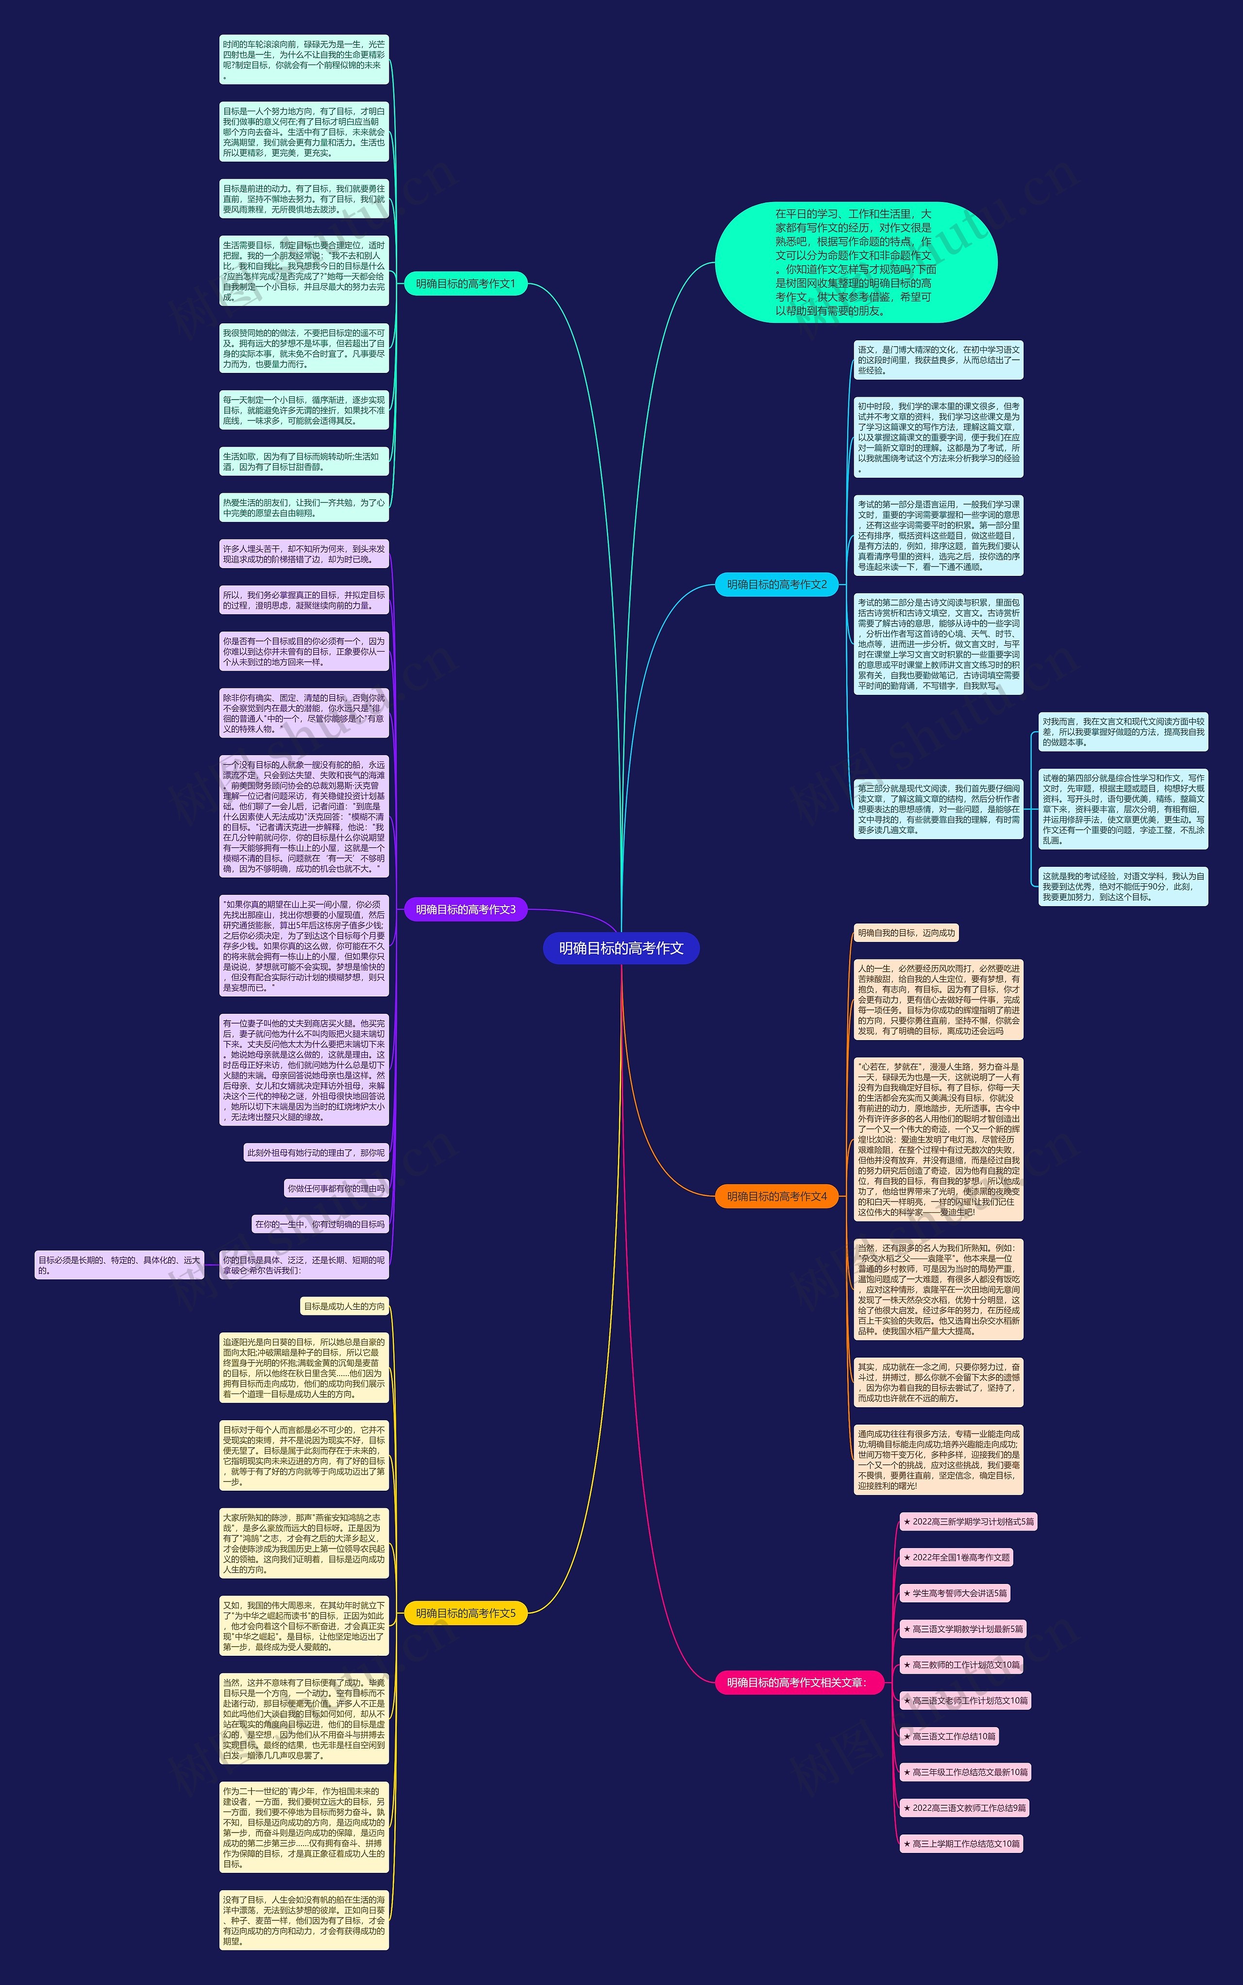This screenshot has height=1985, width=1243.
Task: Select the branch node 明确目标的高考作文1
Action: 465,284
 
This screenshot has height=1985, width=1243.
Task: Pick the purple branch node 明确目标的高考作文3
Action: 465,909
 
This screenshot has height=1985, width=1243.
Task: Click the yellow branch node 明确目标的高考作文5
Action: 465,1613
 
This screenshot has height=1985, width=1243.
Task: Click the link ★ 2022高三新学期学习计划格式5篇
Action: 968,1521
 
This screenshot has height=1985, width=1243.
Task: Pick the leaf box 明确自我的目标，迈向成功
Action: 906,933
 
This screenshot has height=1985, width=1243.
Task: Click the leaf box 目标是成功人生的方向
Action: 344,1306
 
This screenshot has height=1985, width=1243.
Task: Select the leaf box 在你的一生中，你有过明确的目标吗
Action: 320,1224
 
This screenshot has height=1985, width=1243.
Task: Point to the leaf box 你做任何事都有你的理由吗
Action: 336,1189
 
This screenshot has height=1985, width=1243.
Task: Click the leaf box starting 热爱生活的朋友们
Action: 303,507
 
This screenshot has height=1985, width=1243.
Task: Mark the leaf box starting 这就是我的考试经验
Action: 1123,886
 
